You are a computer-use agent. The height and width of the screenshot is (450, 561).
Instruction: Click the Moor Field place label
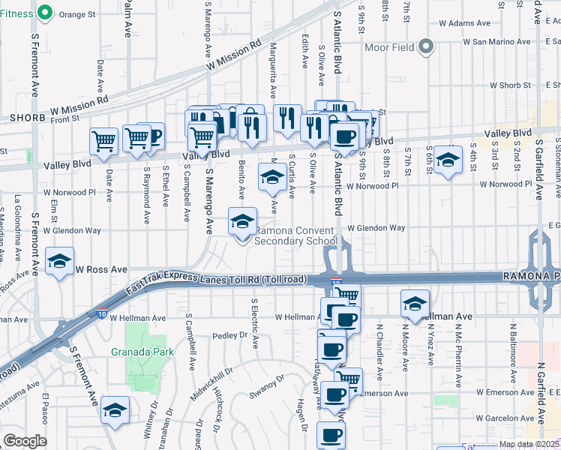pyautogui.click(x=389, y=48)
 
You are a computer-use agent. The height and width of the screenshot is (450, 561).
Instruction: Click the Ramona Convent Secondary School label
pyautogui.click(x=295, y=235)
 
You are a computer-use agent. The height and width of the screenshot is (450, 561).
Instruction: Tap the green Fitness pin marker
pyautogui.click(x=44, y=13)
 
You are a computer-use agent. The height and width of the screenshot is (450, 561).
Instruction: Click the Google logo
pyautogui.click(x=25, y=441)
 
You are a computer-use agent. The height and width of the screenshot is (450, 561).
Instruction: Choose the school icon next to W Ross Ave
pyautogui.click(x=59, y=261)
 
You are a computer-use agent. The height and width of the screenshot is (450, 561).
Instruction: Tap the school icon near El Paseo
pyautogui.click(x=115, y=410)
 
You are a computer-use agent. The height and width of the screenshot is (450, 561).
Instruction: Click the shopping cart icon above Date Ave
pyautogui.click(x=103, y=139)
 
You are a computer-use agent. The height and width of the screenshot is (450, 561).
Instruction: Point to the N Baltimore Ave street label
pyautogui.click(x=514, y=349)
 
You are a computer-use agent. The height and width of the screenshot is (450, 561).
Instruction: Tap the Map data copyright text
pyautogui.click(x=529, y=444)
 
